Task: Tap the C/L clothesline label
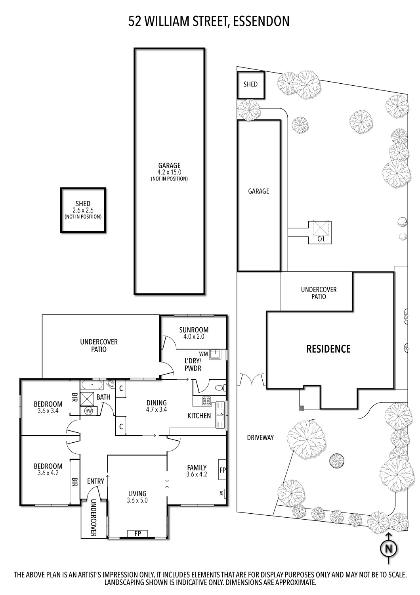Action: point(321,240)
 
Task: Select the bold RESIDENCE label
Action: point(328,349)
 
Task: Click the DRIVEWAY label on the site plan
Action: point(260,438)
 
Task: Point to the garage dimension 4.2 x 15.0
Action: point(169,172)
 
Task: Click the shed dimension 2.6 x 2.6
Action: point(83,210)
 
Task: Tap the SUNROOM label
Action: point(193,330)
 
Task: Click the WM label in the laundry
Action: point(203,353)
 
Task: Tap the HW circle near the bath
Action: point(88,411)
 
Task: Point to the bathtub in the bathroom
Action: point(92,384)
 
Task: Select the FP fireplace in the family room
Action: point(222,470)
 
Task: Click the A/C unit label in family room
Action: point(221,494)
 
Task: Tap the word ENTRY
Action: point(95,481)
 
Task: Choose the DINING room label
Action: point(156,402)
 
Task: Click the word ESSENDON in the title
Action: point(261,21)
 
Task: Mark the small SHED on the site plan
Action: point(250,84)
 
